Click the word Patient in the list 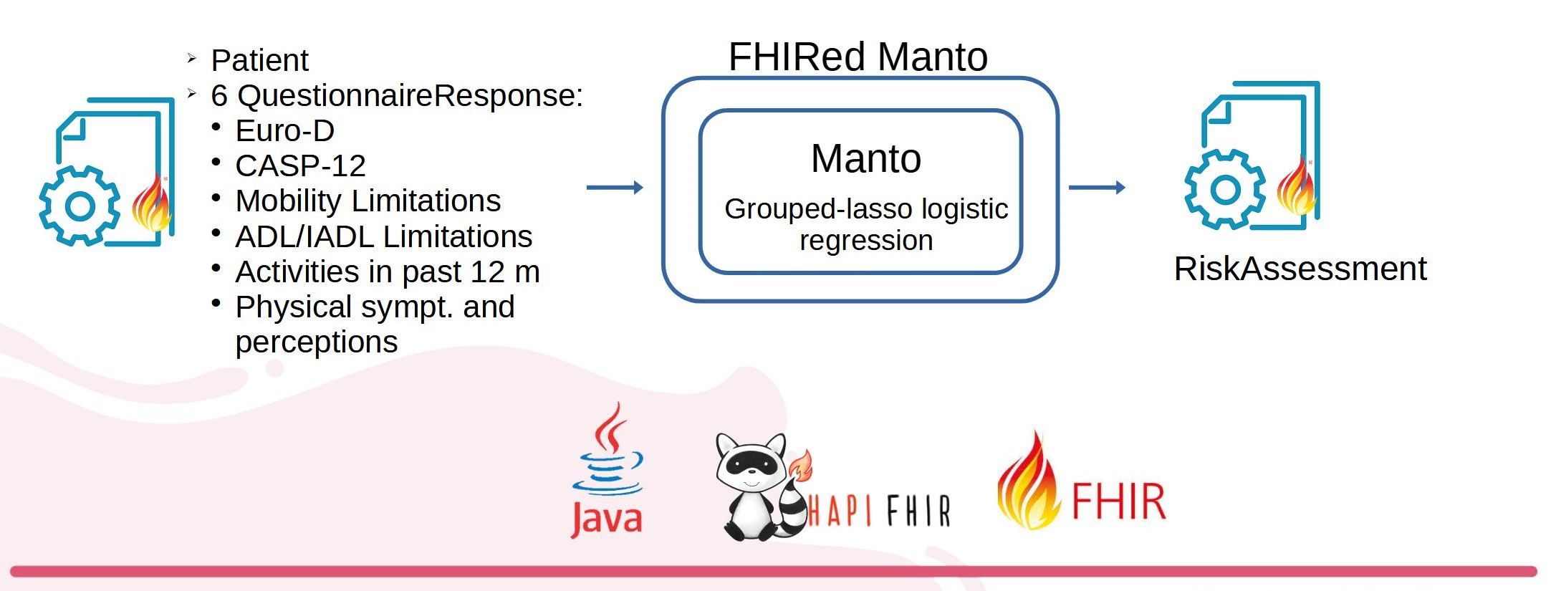259,60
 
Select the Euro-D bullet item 284,131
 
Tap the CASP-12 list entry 300,166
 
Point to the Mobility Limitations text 368,201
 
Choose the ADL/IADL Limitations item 384,236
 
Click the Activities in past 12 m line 388,272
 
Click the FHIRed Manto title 858,57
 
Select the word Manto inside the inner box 866,158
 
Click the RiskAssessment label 1300,269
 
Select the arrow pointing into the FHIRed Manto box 615,188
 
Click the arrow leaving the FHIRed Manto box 1097,188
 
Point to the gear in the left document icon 80,206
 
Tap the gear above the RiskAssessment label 1225,189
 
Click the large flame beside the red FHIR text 1028,481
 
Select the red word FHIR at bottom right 1119,501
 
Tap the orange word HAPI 840,511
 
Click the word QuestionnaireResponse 410,96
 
